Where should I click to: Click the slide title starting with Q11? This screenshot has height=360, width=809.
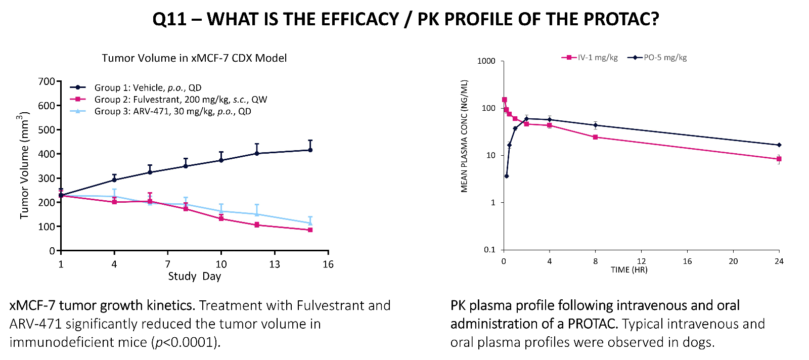click(x=406, y=19)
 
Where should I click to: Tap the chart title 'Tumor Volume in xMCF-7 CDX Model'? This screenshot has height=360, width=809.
click(x=194, y=58)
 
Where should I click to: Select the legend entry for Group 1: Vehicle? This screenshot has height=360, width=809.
click(x=148, y=87)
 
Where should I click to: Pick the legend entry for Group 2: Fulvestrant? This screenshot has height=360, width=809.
click(x=181, y=100)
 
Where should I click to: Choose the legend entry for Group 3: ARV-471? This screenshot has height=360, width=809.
click(x=172, y=111)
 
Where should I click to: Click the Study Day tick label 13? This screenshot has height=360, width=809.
click(x=275, y=264)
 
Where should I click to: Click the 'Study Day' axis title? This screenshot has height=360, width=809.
click(x=195, y=277)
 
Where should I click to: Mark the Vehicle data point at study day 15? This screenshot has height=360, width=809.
click(x=310, y=150)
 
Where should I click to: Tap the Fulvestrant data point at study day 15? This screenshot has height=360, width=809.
click(x=310, y=230)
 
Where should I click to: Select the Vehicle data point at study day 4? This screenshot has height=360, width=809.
click(x=114, y=179)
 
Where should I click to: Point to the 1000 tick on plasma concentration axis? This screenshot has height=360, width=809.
click(x=486, y=61)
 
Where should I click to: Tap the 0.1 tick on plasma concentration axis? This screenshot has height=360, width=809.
click(x=489, y=250)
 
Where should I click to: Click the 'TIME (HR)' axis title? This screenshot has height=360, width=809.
click(x=629, y=270)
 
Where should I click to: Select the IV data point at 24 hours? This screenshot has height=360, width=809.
click(x=779, y=159)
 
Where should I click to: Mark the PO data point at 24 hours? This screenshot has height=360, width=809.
click(x=779, y=145)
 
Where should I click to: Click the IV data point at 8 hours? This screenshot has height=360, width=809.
click(x=595, y=137)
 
